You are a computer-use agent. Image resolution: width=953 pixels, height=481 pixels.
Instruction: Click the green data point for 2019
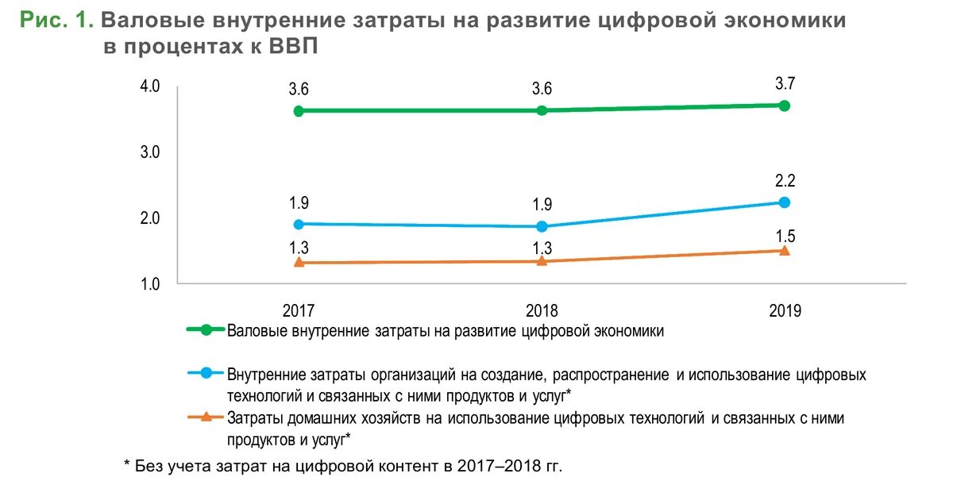click(784, 106)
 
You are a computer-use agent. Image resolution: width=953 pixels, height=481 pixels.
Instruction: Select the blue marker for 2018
click(542, 226)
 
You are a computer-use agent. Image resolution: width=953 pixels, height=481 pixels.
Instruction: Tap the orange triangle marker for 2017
click(299, 262)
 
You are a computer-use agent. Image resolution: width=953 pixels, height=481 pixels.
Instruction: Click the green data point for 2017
click(299, 111)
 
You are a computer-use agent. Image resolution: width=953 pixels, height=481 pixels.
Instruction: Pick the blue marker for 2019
click(784, 202)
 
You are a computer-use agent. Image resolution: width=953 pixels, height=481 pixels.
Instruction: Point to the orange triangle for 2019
click(784, 250)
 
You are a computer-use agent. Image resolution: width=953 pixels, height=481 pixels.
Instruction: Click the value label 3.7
click(785, 84)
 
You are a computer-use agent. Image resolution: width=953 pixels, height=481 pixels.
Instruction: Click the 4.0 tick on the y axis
click(150, 86)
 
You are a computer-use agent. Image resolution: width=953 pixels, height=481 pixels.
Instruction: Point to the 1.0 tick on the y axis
click(150, 283)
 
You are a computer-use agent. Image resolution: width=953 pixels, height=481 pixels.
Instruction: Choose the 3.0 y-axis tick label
click(150, 152)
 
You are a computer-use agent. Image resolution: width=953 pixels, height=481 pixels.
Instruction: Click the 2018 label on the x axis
click(542, 310)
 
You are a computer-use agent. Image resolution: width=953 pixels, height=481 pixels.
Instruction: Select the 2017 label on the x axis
click(299, 310)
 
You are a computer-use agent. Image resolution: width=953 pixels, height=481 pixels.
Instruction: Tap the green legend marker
click(206, 331)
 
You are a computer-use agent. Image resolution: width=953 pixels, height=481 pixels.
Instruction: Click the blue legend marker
click(206, 373)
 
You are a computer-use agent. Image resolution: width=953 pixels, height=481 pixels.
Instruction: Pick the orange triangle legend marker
click(206, 416)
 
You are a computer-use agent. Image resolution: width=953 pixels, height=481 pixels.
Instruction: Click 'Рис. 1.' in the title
click(57, 21)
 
